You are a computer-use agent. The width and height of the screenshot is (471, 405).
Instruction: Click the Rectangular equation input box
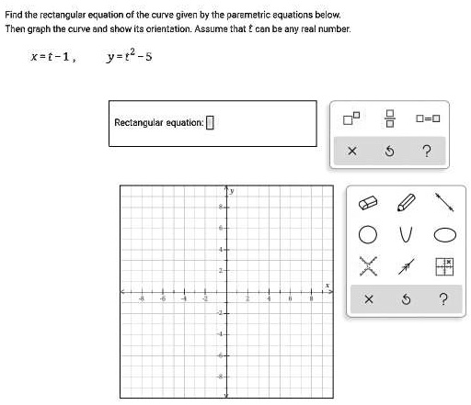pyautogui.click(x=210, y=123)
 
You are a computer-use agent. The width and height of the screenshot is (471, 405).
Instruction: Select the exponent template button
pyautogui.click(x=350, y=118)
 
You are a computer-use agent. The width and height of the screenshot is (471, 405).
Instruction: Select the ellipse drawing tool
pyautogui.click(x=444, y=231)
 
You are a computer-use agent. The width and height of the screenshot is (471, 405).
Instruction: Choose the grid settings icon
pyautogui.click(x=444, y=266)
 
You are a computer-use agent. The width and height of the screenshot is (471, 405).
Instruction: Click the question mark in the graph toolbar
pyautogui.click(x=444, y=299)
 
